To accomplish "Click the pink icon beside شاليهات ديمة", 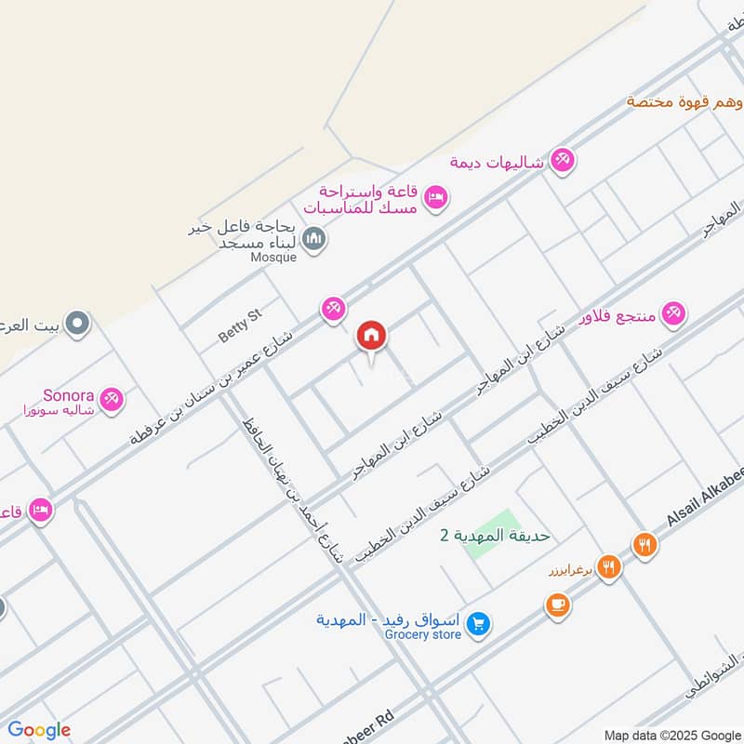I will [x=561, y=160].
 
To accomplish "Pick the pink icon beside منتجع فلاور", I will [x=676, y=313].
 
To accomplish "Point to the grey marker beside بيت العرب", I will [x=79, y=324].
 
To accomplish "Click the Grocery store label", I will [x=423, y=634].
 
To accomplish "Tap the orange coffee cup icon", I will [x=558, y=605].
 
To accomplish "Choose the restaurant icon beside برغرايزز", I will [x=609, y=566].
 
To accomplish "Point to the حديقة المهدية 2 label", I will [x=495, y=536].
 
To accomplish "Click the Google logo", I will [x=39, y=730].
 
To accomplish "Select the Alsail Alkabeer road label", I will [x=705, y=515].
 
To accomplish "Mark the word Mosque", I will [x=274, y=257].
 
